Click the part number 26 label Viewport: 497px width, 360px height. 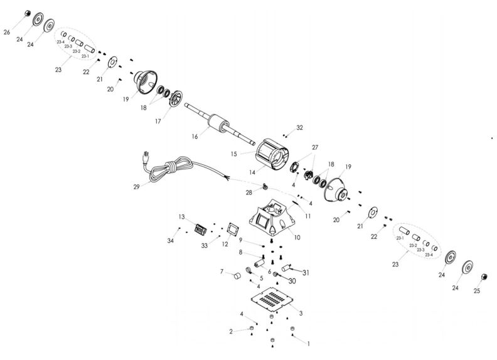coord(7,31)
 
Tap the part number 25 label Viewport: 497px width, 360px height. coord(476,291)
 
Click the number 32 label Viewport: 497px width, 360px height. coord(299,128)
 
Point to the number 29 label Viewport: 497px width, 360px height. coord(136,186)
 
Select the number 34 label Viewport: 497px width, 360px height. coord(170,241)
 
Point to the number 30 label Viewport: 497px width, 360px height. coord(292,281)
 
